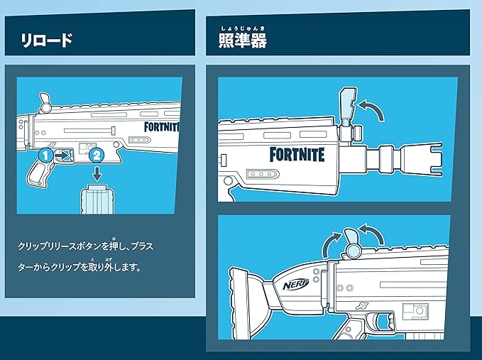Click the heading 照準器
(242, 40)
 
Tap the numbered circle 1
(44, 153)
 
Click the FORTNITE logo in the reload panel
(163, 129)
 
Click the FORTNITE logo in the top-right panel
(297, 154)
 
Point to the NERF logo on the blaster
(295, 283)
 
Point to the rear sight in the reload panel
(43, 102)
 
